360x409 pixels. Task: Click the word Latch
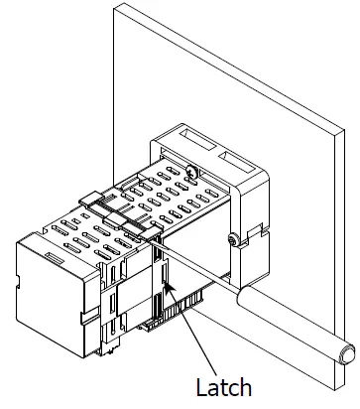(224, 386)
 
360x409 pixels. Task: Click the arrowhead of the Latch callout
(171, 288)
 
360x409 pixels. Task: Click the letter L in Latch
(200, 386)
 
